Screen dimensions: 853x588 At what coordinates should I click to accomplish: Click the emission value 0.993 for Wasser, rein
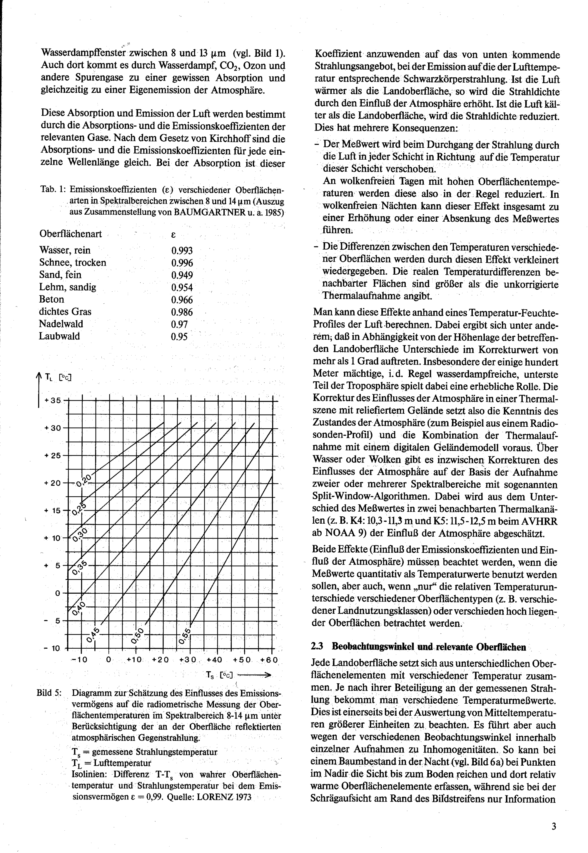pyautogui.click(x=182, y=251)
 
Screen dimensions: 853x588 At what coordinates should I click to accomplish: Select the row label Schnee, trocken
pyautogui.click(x=73, y=262)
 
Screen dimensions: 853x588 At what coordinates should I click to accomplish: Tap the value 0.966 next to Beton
pyautogui.click(x=182, y=300)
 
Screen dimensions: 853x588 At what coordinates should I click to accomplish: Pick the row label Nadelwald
pyautogui.click(x=61, y=324)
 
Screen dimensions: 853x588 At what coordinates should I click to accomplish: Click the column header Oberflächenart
pyautogui.click(x=70, y=234)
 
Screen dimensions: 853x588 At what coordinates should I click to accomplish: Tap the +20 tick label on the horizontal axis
pyautogui.click(x=160, y=660)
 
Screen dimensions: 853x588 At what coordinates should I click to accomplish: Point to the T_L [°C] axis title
pyautogui.click(x=58, y=377)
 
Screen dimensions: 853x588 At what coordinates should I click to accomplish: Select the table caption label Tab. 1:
pyautogui.click(x=53, y=190)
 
